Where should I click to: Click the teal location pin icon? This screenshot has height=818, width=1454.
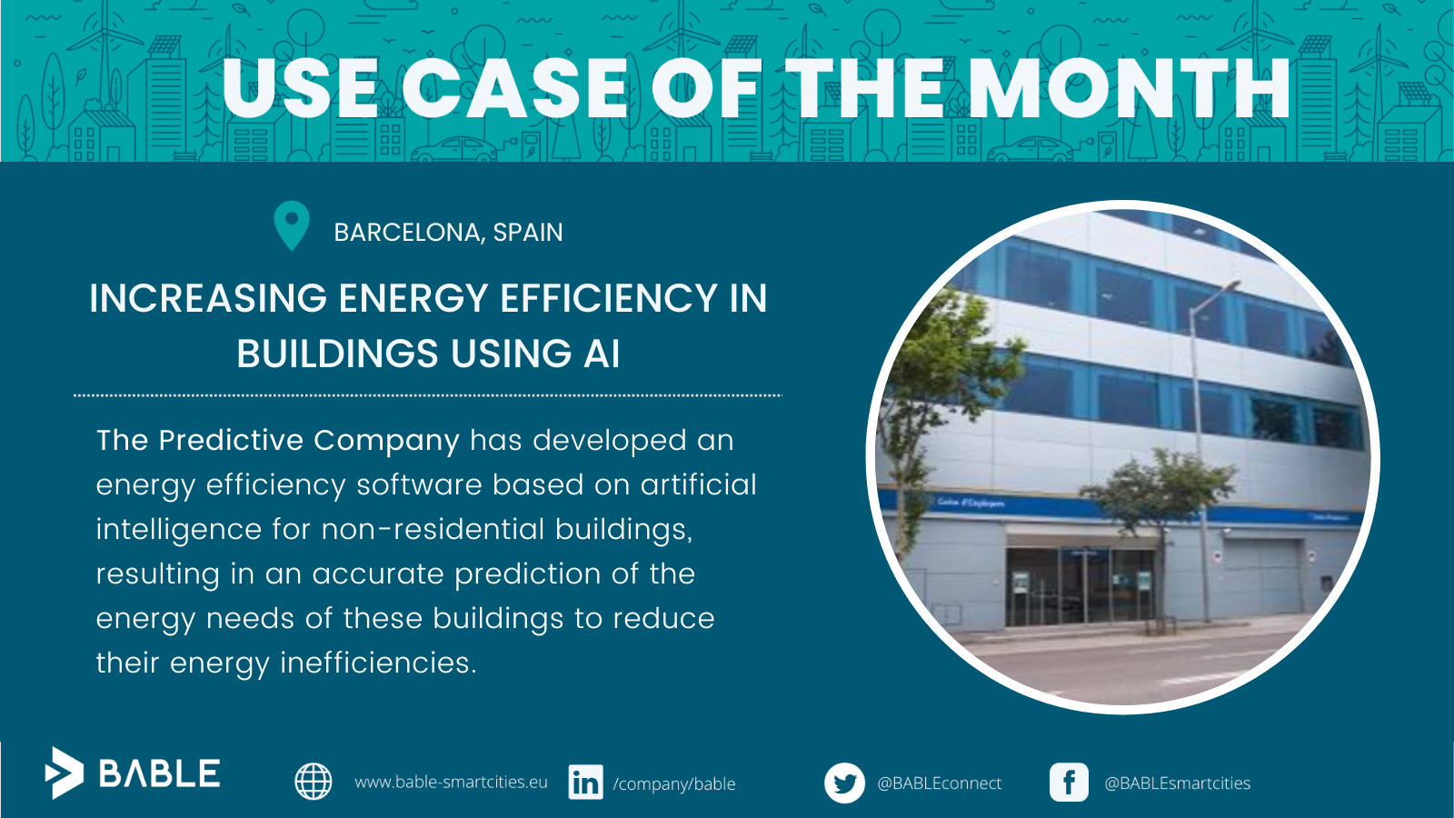point(292,224)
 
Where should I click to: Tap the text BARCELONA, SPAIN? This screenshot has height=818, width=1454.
point(448,233)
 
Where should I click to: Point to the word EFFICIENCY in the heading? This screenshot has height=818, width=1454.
point(609,298)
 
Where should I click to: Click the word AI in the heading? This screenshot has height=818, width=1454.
point(601,354)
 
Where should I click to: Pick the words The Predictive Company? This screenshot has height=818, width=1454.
point(278,441)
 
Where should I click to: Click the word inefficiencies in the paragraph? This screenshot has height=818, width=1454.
point(378,663)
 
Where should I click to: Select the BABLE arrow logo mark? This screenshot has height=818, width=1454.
point(64,773)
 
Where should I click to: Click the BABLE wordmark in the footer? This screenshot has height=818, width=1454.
point(159,773)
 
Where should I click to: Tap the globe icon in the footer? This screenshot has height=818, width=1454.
point(314,781)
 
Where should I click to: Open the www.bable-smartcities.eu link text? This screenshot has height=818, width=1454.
point(451,783)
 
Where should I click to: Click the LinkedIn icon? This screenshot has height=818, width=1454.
point(585,782)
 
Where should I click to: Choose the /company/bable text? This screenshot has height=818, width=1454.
point(673,784)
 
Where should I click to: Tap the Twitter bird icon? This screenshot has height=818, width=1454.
point(844,783)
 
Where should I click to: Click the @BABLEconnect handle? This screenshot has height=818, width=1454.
point(940,783)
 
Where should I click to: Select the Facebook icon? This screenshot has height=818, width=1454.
point(1069,783)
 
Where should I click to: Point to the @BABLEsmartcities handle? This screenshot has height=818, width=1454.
point(1178,783)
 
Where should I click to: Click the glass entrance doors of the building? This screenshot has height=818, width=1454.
point(1081,585)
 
